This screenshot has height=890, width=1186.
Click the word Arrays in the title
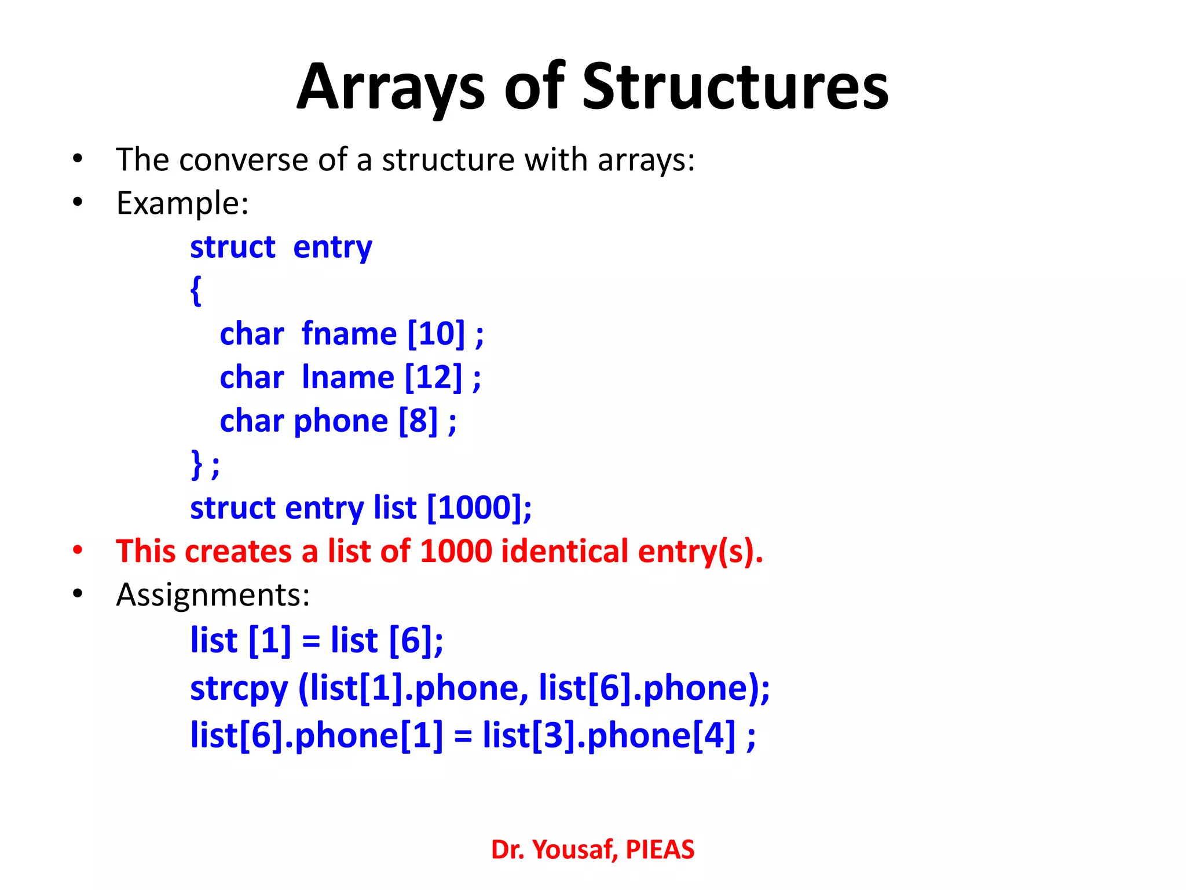(x=391, y=87)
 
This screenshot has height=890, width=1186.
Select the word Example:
(x=182, y=203)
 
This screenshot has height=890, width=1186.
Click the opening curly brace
(x=196, y=290)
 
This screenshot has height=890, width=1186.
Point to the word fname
(x=349, y=334)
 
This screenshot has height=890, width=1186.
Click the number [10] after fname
(x=436, y=334)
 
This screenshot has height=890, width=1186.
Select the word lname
(x=348, y=377)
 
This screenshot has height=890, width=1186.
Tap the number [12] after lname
(x=434, y=377)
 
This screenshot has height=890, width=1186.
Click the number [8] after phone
(x=418, y=421)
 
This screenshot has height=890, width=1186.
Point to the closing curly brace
(x=197, y=464)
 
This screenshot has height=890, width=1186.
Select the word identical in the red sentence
(x=565, y=551)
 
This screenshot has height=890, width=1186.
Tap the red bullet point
(x=78, y=551)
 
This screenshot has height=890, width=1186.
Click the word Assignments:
(x=213, y=595)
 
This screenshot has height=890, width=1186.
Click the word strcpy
(x=239, y=689)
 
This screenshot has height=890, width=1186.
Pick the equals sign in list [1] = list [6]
(x=311, y=641)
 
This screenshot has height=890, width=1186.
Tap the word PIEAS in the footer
(x=660, y=850)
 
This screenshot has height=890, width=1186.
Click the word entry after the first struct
(x=332, y=247)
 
